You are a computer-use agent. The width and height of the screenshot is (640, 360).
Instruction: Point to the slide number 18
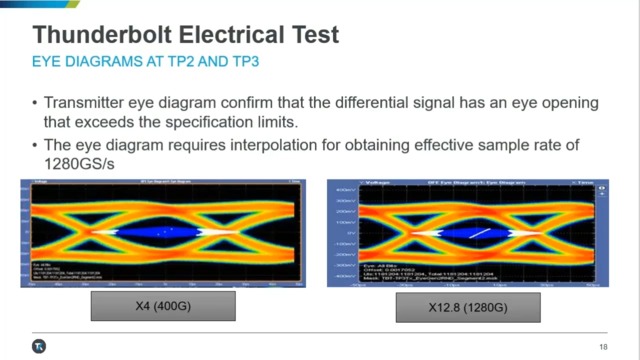click(x=603, y=346)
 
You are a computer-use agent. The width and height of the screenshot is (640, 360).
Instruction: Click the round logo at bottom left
click(x=38, y=345)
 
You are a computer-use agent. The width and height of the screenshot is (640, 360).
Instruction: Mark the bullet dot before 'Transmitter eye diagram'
click(x=36, y=103)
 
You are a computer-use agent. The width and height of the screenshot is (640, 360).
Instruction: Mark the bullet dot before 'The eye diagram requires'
click(x=36, y=146)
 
